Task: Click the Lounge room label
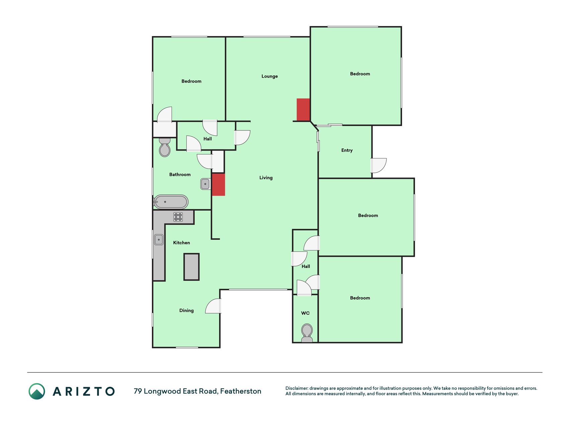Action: pyautogui.click(x=269, y=76)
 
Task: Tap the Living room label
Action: pyautogui.click(x=266, y=178)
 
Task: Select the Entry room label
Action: pyautogui.click(x=347, y=150)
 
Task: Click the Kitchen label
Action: pyautogui.click(x=181, y=243)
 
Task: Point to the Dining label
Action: pyautogui.click(x=186, y=311)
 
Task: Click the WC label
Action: pyautogui.click(x=305, y=313)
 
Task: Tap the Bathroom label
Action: pyautogui.click(x=180, y=175)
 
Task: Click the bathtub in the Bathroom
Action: pyautogui.click(x=171, y=202)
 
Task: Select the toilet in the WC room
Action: pyautogui.click(x=307, y=333)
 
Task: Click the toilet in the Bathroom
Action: pyautogui.click(x=165, y=147)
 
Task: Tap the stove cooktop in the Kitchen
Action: pyautogui.click(x=178, y=217)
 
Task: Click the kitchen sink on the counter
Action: pyautogui.click(x=159, y=240)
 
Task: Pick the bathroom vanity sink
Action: pyautogui.click(x=205, y=184)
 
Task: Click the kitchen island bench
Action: pyautogui.click(x=191, y=267)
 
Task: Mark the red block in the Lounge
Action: pyautogui.click(x=303, y=110)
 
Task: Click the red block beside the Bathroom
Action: pyautogui.click(x=218, y=185)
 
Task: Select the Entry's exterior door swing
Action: pyautogui.click(x=379, y=166)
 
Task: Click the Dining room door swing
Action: pyautogui.click(x=213, y=306)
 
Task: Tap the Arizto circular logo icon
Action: pyautogui.click(x=37, y=391)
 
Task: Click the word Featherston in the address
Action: pyautogui.click(x=241, y=391)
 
